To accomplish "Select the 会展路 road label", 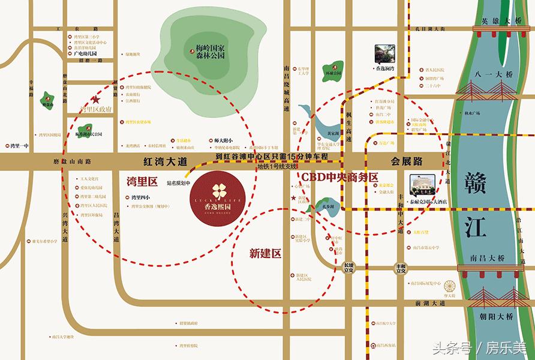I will [407, 161].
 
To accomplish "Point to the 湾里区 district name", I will [142, 181].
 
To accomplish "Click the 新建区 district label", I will [265, 254].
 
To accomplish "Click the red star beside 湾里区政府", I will [94, 100].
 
